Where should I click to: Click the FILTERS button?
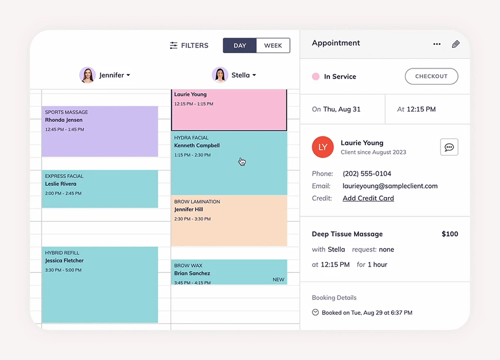tap(189, 46)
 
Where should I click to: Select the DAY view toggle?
tap(240, 46)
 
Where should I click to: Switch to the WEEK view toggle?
tap(273, 46)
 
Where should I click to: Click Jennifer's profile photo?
tap(88, 75)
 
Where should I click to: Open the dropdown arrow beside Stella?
tap(254, 76)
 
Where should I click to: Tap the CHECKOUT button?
tap(431, 76)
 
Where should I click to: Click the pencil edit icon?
tap(456, 44)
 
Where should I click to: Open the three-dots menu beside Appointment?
tap(437, 44)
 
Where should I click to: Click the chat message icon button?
tap(449, 147)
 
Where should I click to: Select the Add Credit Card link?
tap(368, 198)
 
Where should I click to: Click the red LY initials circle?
tap(323, 147)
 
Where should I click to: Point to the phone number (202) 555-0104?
tap(367, 173)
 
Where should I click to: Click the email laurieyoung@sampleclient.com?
tap(390, 186)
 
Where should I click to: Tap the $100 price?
tap(449, 234)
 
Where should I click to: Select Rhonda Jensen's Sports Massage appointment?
tap(100, 131)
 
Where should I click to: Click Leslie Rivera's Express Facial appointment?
tap(100, 189)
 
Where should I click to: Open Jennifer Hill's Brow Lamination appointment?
tap(229, 221)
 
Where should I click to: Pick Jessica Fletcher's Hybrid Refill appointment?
tap(100, 284)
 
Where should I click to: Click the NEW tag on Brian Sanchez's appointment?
tap(278, 280)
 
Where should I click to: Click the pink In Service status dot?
tap(315, 77)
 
